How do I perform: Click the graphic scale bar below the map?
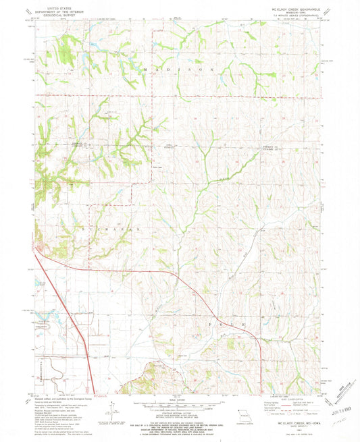click(x=179, y=404)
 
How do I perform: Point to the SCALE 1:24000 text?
click(x=179, y=399)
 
